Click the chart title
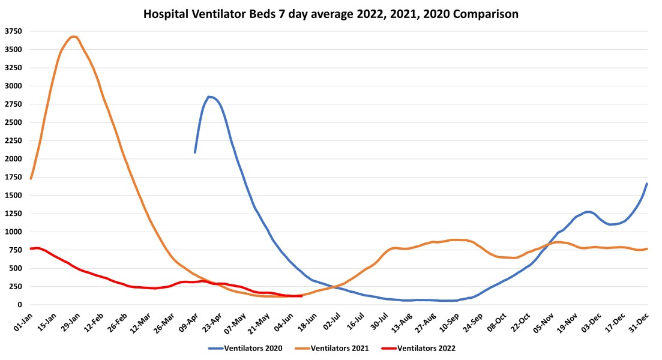click(331, 13)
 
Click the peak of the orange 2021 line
click(73, 37)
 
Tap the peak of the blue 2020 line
click(209, 97)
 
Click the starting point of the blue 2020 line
click(195, 152)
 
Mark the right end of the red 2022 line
click(301, 296)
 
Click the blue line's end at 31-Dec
click(647, 184)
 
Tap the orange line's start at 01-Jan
click(31, 178)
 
